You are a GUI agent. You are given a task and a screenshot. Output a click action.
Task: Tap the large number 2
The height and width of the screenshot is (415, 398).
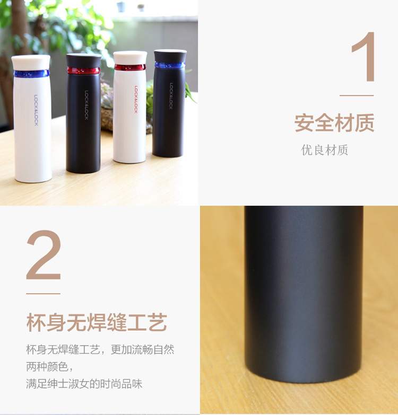point(44,255)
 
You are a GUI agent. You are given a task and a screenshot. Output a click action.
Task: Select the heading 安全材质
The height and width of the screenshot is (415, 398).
point(334,123)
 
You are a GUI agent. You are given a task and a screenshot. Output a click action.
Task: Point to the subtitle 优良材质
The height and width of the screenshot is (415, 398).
point(325,150)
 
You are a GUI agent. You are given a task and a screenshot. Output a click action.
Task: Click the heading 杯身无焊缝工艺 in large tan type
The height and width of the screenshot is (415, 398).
point(97,322)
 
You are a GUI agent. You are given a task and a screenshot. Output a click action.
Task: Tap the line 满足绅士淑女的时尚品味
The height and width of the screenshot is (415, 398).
point(84,384)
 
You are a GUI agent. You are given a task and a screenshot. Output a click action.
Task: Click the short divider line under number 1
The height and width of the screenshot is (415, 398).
point(357,95)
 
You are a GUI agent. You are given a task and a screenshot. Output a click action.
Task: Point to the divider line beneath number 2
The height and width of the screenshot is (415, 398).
point(43,294)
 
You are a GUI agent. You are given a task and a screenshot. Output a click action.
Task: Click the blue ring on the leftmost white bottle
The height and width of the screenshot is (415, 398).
point(31,74)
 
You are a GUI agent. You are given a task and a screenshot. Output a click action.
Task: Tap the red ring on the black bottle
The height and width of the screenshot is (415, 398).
point(83,70)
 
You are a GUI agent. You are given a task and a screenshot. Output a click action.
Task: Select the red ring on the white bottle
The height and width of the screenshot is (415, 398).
point(130,67)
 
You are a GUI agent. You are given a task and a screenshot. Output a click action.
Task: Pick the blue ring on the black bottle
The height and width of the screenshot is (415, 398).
point(170,65)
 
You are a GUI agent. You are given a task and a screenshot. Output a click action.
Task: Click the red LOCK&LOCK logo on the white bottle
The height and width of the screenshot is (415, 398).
point(136,100)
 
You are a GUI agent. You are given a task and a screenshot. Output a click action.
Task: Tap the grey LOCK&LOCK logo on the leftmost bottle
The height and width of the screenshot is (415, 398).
point(36,110)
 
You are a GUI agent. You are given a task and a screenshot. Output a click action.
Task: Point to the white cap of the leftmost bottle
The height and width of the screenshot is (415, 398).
point(31,63)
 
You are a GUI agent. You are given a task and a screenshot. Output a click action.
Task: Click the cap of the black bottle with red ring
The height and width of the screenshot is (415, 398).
point(83,60)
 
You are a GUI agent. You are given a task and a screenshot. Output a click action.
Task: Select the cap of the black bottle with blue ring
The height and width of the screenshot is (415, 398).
point(170,56)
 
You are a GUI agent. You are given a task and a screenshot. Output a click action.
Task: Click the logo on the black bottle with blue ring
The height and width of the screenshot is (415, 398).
point(171,95)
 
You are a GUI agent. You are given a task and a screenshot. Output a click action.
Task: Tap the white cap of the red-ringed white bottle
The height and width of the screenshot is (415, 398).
point(130,58)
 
